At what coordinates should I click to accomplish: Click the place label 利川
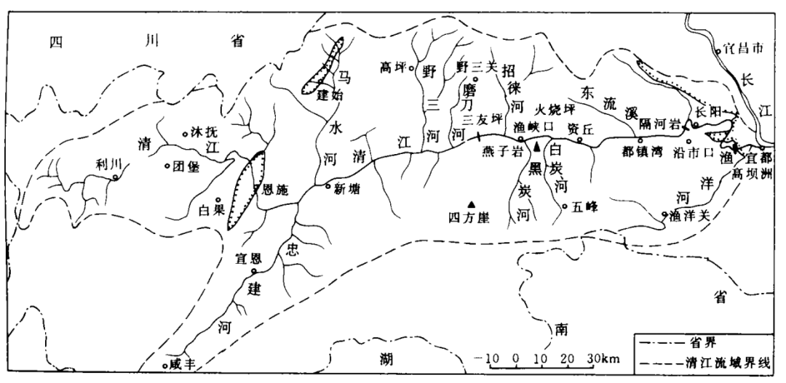(x=106, y=164)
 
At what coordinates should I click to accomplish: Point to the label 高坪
(x=393, y=69)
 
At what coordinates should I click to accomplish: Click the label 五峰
(x=584, y=207)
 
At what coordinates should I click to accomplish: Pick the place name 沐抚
(x=203, y=132)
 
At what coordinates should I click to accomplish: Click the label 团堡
(x=186, y=165)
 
